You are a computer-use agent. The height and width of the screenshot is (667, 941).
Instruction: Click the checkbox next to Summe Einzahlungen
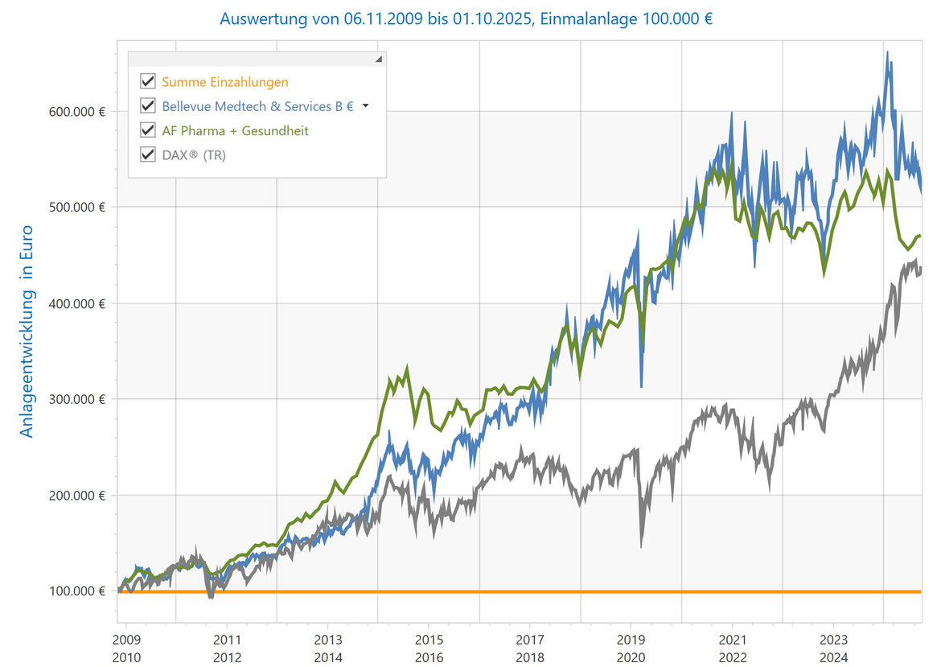pyautogui.click(x=147, y=81)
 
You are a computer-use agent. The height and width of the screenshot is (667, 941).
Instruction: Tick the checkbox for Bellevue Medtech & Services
pyautogui.click(x=147, y=105)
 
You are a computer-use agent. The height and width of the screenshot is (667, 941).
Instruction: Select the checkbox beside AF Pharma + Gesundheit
pyautogui.click(x=147, y=130)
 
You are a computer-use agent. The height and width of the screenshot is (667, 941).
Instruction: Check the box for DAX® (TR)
pyautogui.click(x=147, y=154)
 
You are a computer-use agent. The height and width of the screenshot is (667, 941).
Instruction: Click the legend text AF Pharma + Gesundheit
pyautogui.click(x=235, y=130)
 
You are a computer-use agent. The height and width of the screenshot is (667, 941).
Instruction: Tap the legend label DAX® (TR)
pyautogui.click(x=194, y=154)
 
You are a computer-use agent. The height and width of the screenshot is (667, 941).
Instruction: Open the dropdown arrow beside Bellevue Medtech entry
pyautogui.click(x=366, y=105)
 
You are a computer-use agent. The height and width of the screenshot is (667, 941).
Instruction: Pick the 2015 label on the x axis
pyautogui.click(x=429, y=641)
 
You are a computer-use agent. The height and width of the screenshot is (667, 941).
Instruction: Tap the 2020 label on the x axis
pyautogui.click(x=631, y=657)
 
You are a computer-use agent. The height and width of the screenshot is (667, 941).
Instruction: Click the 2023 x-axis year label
pyautogui.click(x=832, y=641)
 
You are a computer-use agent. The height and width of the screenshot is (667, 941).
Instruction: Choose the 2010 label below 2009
pyautogui.click(x=126, y=657)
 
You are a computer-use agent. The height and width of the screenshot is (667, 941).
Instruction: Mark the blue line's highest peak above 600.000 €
pyautogui.click(x=887, y=53)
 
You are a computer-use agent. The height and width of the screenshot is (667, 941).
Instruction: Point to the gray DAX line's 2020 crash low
pyautogui.click(x=641, y=547)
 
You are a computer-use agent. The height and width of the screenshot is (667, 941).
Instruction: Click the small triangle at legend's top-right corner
pyautogui.click(x=379, y=60)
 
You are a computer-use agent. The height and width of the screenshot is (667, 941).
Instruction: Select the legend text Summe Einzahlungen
pyautogui.click(x=224, y=81)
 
